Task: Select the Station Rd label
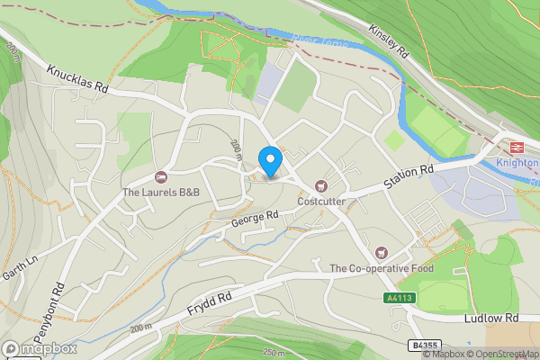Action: (x=409, y=177)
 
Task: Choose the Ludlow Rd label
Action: (x=491, y=319)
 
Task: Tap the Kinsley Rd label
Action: (x=389, y=41)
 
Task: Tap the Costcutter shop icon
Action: (x=320, y=186)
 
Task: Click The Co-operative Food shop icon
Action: (x=382, y=253)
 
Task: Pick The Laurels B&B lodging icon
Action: (x=161, y=177)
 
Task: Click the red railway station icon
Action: (x=517, y=147)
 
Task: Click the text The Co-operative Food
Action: (x=382, y=268)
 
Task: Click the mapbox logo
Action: (x=40, y=348)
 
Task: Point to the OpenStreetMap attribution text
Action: (x=513, y=354)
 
